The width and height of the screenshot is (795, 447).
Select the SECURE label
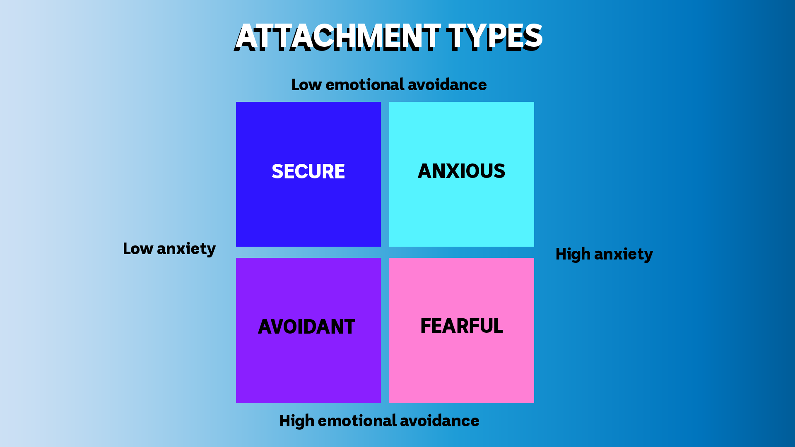click(308, 171)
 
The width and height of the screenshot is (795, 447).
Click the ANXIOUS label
click(461, 171)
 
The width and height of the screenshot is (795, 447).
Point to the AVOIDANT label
click(306, 327)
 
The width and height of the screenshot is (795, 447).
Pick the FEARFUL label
click(461, 326)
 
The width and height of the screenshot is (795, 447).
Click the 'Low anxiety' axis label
click(169, 249)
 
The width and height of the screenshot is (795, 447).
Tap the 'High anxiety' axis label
click(604, 254)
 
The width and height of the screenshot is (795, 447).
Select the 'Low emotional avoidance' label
click(389, 84)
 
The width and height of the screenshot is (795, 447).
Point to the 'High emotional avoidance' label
click(379, 421)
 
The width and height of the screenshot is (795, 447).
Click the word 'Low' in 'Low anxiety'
click(138, 248)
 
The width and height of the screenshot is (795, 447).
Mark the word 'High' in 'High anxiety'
click(573, 254)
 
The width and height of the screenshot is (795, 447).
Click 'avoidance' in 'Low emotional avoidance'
click(447, 84)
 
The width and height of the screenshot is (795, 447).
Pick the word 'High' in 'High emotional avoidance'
click(297, 421)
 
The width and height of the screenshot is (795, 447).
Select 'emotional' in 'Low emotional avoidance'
click(364, 84)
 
